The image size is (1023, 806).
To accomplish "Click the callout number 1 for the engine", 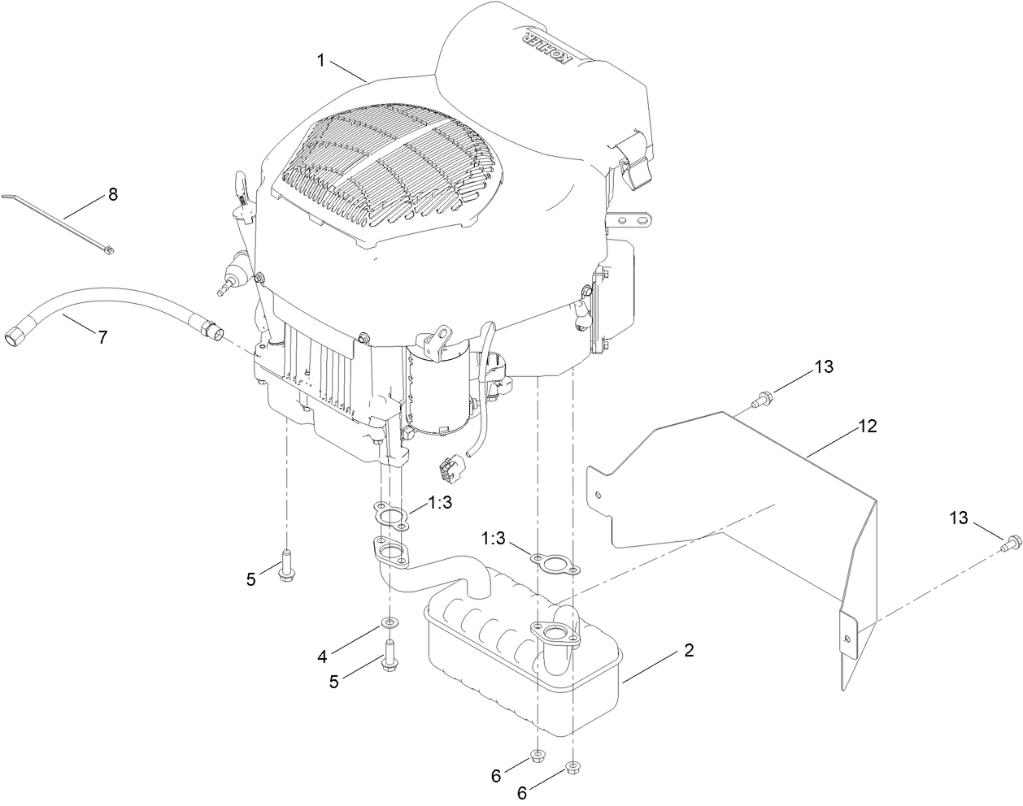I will [x=321, y=59].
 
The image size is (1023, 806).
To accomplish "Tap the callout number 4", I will [x=323, y=654].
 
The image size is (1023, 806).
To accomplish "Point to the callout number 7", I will [x=102, y=337].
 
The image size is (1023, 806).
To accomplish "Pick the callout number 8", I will [x=113, y=194].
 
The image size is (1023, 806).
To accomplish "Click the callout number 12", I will [x=868, y=426].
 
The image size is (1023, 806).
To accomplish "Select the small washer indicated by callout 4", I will [x=391, y=623].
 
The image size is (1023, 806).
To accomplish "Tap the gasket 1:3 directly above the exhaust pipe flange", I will [x=390, y=515].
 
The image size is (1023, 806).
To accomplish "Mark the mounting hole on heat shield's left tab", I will [x=599, y=493].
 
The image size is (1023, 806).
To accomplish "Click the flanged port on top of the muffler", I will [x=555, y=635].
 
